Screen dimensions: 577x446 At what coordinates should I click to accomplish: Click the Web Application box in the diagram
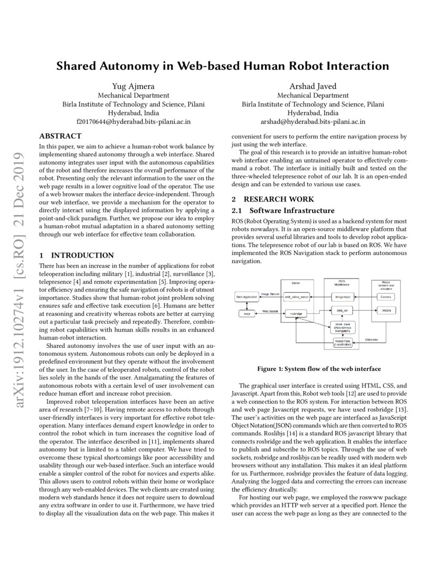pyautogui.click(x=247, y=297)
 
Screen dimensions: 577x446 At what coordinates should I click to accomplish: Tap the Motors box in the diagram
pyautogui.click(x=386, y=311)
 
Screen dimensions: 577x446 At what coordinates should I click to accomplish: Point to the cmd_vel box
pyautogui.click(x=342, y=311)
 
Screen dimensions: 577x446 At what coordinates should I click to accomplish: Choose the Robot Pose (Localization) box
pyautogui.click(x=343, y=343)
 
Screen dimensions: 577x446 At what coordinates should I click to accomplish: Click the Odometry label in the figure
pyautogui.click(x=371, y=339)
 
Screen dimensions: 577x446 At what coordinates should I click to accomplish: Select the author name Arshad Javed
pyautogui.click(x=313, y=86)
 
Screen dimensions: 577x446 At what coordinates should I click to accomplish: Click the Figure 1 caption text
pyautogui.click(x=318, y=369)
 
